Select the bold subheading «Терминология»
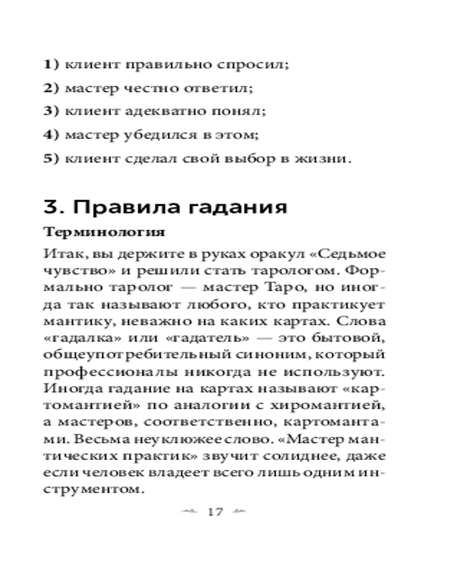click(x=104, y=231)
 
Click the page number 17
click(x=215, y=512)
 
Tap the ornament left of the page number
click(x=191, y=512)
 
